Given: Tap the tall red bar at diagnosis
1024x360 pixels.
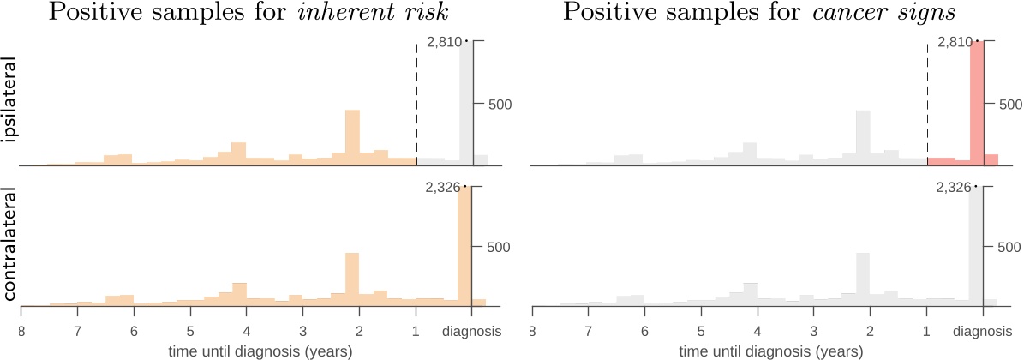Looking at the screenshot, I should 976,103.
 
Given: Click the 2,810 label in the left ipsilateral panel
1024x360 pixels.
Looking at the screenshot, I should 444,42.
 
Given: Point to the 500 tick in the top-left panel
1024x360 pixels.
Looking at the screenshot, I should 500,104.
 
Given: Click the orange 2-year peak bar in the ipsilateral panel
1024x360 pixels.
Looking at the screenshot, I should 352,137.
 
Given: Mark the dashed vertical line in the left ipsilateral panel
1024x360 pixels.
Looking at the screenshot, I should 416,103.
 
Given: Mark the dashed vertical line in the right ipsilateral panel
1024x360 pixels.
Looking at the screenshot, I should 927,103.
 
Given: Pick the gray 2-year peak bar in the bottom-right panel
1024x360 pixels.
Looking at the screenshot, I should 863,278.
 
